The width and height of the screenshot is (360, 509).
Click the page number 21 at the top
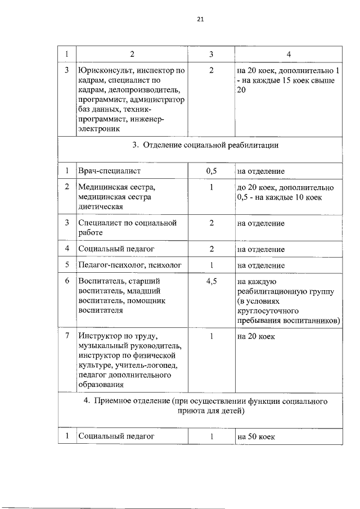pos(200,19)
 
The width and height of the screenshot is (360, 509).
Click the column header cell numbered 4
pos(288,55)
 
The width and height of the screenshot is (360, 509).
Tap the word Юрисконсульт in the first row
pos(103,71)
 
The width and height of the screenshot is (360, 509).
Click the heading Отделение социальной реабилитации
pos(205,145)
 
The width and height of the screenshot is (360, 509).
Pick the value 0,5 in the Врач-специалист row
pos(211,171)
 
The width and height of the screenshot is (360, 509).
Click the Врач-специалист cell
pos(110,171)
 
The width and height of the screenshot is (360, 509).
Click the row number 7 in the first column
pos(67,336)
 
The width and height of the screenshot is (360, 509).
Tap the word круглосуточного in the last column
pos(266,311)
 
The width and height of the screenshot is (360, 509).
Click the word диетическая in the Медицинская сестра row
pos(101,206)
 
